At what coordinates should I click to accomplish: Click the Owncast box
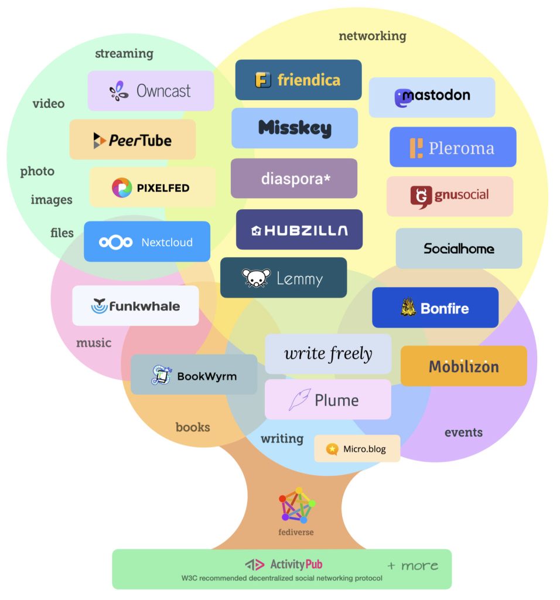151,91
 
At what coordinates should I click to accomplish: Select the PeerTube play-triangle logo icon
100,140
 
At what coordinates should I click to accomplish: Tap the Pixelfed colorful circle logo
122,187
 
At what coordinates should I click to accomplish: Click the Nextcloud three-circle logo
115,242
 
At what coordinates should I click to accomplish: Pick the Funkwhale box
135,306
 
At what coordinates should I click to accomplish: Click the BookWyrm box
193,374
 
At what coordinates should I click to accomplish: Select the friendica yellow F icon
263,80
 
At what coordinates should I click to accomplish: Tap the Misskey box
294,128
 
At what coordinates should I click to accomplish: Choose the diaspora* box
293,178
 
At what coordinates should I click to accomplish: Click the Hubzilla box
299,230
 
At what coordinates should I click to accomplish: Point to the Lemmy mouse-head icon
256,278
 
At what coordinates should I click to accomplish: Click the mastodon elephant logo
402,98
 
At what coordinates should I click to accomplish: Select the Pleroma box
453,147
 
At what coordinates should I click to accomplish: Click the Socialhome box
459,248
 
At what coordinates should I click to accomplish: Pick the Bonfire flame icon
408,308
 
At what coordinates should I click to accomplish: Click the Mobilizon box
463,366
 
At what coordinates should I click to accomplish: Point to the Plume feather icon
299,400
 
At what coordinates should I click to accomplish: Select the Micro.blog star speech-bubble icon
332,449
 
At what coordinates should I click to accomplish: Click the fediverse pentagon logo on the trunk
296,504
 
